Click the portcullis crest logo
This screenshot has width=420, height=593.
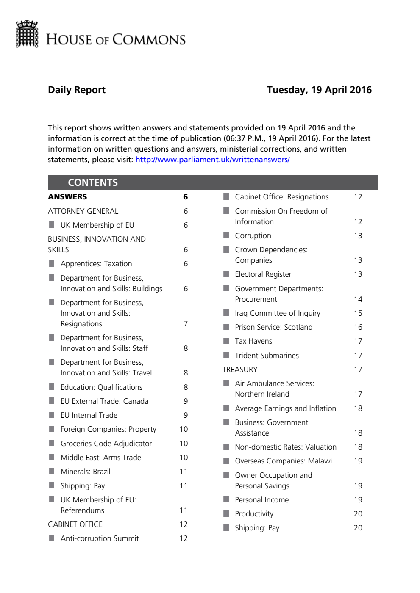27,34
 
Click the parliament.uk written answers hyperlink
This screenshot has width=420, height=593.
212,160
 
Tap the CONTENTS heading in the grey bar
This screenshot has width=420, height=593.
93,182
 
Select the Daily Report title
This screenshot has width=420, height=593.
77,90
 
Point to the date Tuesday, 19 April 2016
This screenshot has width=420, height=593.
319,90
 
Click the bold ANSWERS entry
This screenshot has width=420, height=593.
67,197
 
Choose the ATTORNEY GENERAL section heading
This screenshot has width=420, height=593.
83,211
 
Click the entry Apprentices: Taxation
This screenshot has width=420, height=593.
96,264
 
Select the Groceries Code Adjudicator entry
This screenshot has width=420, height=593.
106,444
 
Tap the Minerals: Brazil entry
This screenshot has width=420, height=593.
85,472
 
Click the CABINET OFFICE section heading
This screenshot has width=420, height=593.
75,524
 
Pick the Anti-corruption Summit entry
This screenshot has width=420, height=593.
100,538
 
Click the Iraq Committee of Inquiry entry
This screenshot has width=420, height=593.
278,313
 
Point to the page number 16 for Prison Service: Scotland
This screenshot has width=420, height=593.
358,327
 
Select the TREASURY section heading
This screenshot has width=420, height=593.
240,370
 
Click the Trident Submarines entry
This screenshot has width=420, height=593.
267,356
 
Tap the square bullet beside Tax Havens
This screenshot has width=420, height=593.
226,341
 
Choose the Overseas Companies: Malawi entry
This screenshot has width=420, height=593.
283,461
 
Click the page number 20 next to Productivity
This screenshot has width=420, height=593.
358,514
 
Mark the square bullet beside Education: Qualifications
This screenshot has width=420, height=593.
52,387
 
